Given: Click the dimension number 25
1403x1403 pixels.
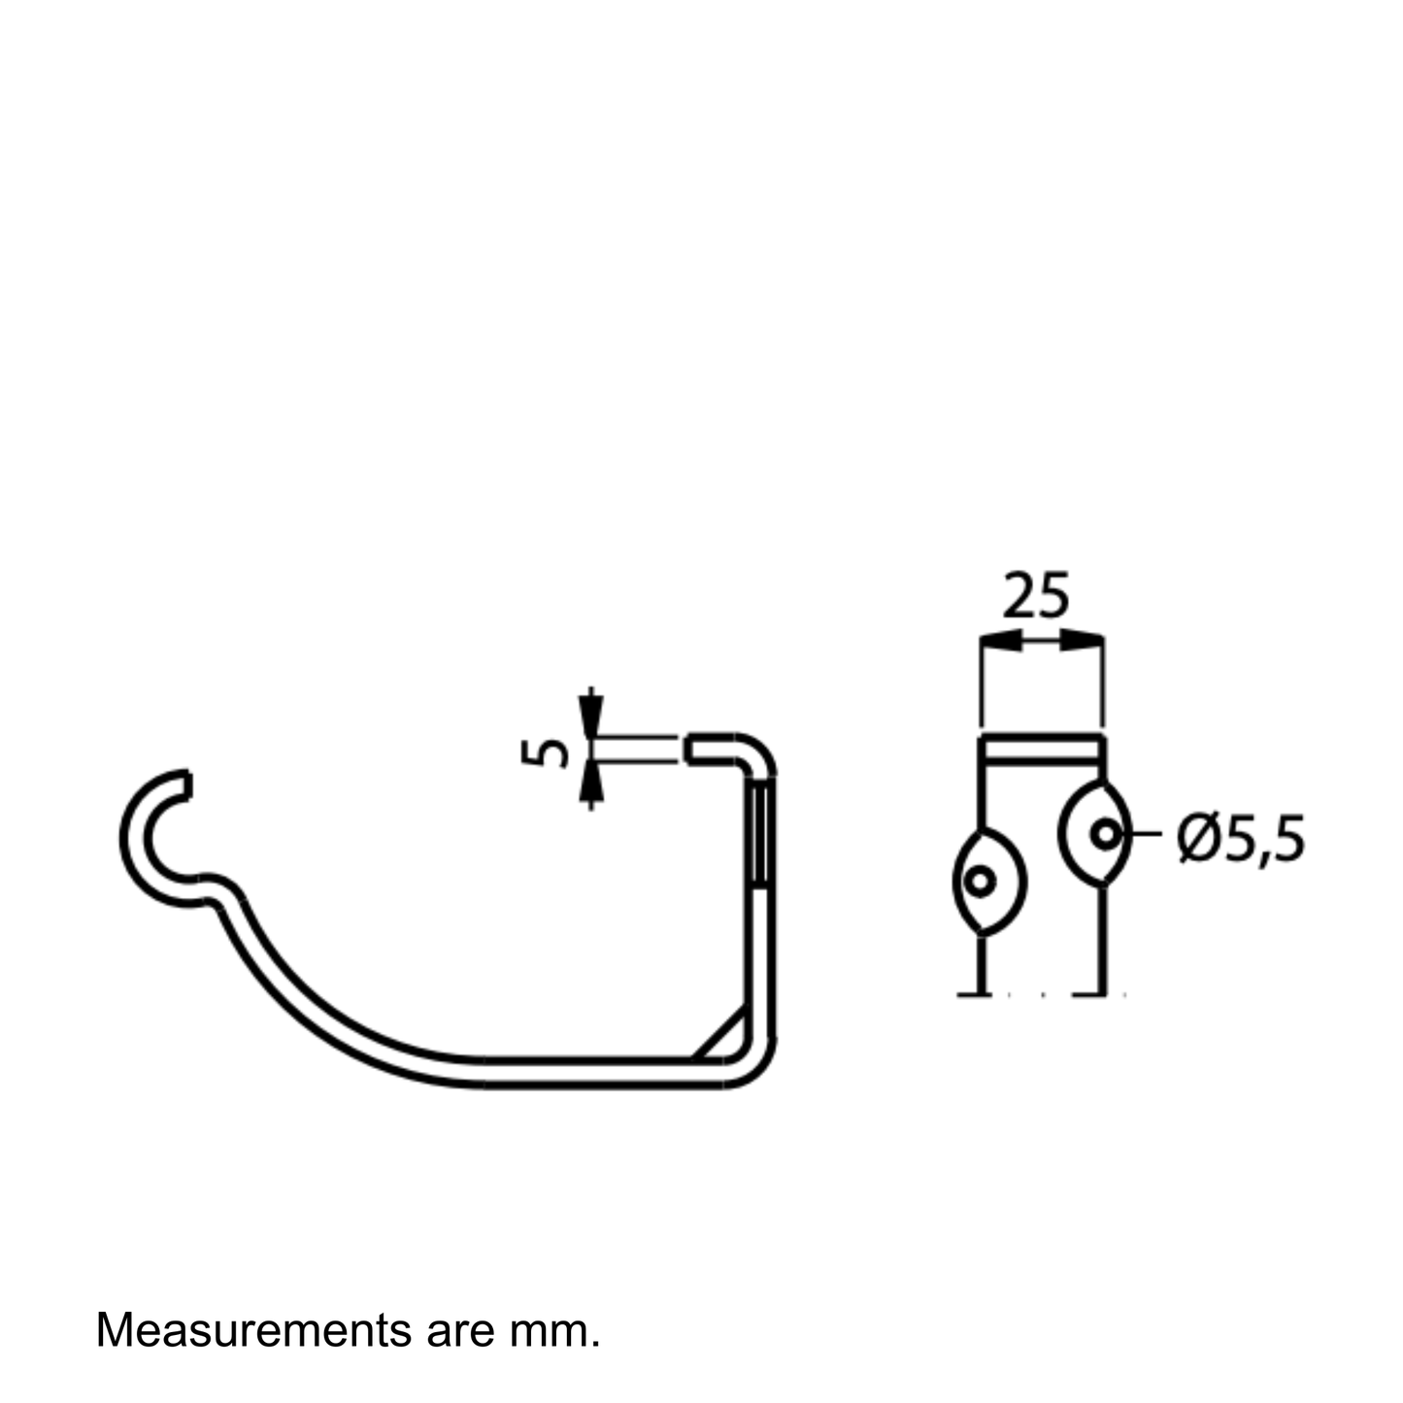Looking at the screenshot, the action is pos(1036,595).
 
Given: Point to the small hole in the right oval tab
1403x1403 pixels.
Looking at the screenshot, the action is pos(1106,834).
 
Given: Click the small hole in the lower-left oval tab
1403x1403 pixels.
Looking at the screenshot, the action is pos(980,882).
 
